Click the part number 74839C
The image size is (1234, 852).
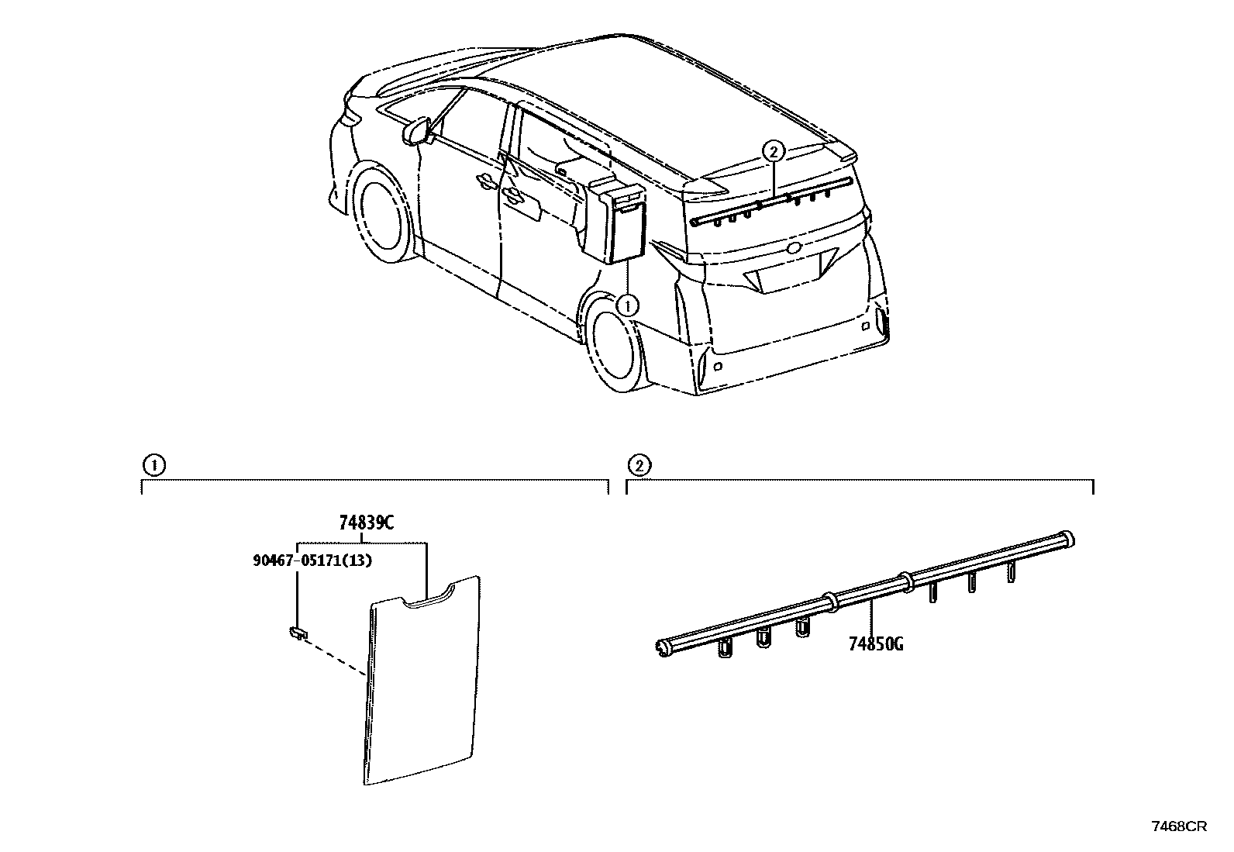point(367,523)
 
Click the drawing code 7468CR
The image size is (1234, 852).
point(1179,826)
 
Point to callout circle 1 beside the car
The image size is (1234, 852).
point(627,305)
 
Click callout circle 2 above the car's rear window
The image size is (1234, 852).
point(774,152)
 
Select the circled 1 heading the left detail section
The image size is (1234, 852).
point(154,466)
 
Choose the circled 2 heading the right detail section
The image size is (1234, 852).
point(639,466)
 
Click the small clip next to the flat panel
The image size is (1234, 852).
point(295,633)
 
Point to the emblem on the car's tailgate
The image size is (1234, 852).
point(794,249)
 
